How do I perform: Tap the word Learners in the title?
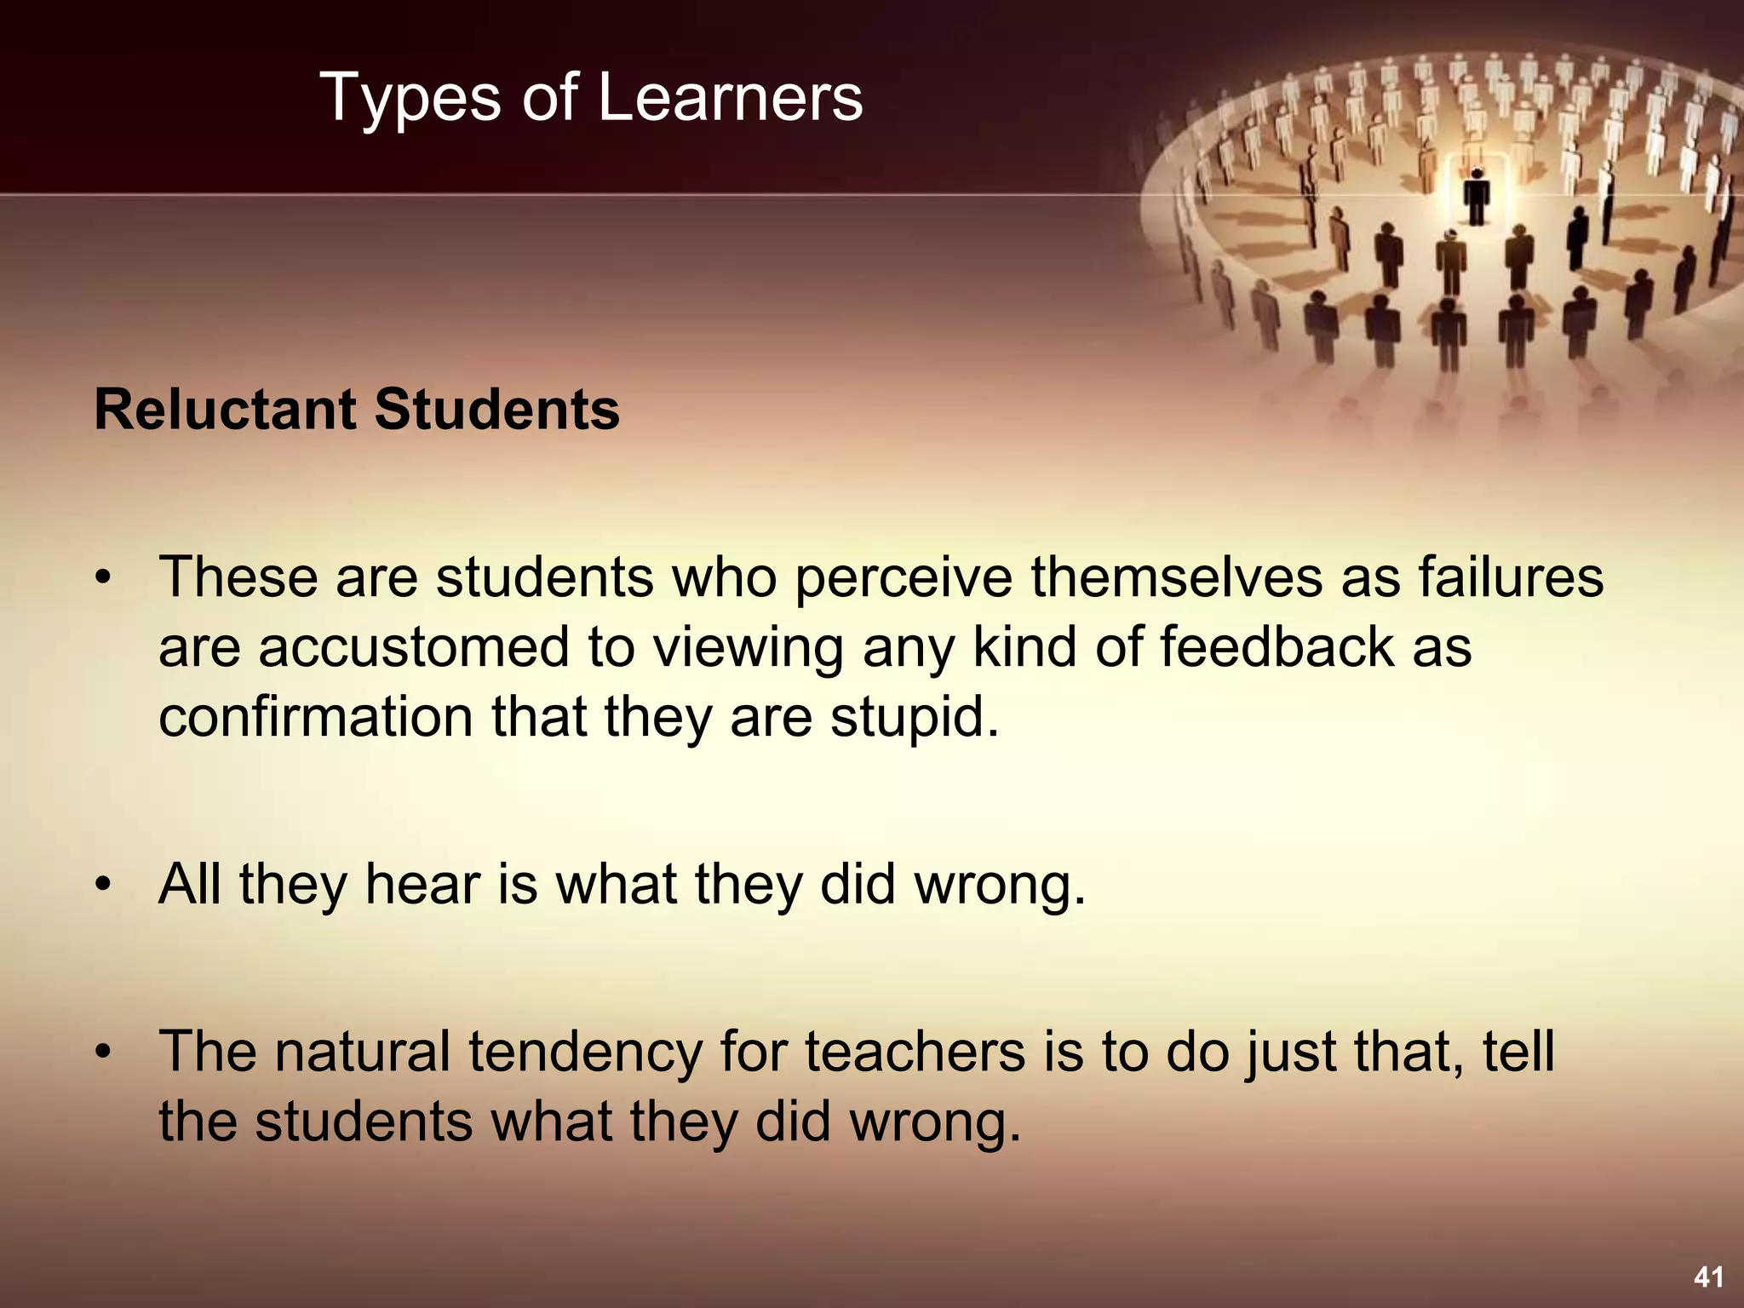click(730, 97)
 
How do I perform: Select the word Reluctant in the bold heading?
click(227, 410)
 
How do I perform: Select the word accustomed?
click(413, 647)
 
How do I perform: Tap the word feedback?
click(1277, 646)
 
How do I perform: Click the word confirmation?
click(315, 716)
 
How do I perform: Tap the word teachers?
click(915, 1052)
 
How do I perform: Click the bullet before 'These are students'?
click(103, 579)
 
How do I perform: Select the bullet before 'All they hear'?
click(103, 885)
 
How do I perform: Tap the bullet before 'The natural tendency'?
click(103, 1053)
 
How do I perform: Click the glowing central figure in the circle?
click(1477, 196)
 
